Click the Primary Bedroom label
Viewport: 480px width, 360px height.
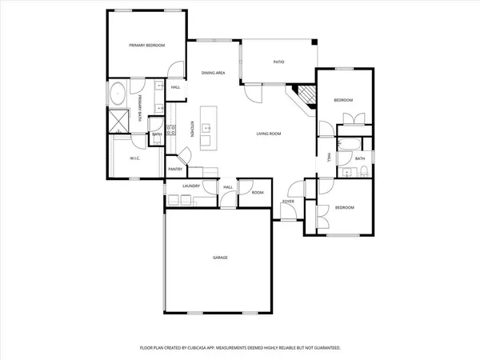click(147, 46)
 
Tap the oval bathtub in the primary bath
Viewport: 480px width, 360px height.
click(117, 94)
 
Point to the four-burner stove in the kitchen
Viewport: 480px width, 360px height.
click(171, 130)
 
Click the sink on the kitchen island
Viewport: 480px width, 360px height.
click(206, 127)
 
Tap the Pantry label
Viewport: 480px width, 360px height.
click(175, 170)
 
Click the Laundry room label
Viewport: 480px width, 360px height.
click(190, 186)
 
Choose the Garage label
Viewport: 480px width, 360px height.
click(220, 258)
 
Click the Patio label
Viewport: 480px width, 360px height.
click(279, 62)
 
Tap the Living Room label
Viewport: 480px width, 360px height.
click(268, 134)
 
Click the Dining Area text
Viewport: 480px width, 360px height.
click(213, 73)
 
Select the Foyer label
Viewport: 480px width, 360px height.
click(288, 202)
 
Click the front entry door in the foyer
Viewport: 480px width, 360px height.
click(291, 212)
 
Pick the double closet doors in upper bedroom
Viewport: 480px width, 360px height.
click(353, 120)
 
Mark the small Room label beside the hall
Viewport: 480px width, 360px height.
click(258, 192)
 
